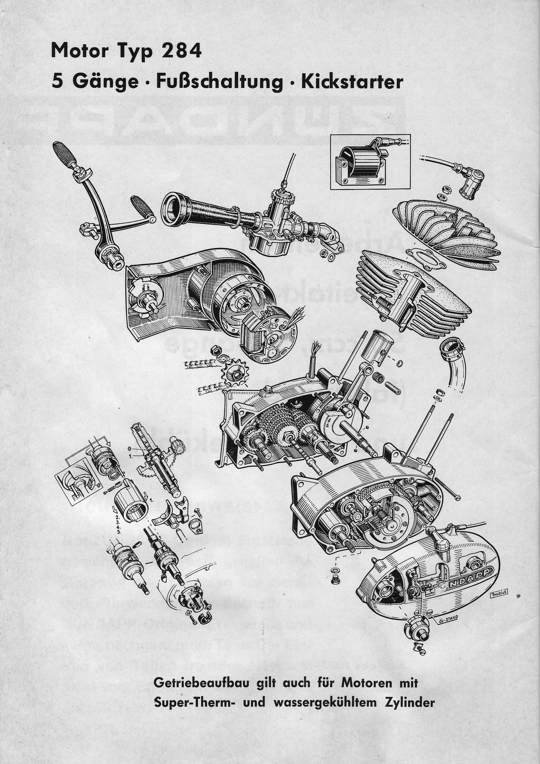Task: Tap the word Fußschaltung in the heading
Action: click(219, 82)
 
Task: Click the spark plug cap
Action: click(469, 186)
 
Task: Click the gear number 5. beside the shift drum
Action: click(119, 531)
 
